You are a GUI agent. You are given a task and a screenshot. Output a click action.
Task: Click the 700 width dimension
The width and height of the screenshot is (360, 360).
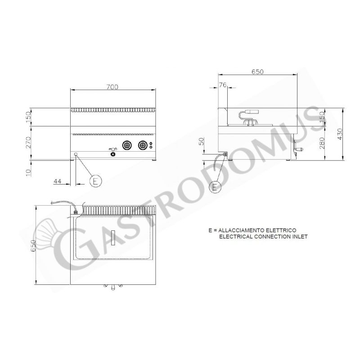(x=113, y=87)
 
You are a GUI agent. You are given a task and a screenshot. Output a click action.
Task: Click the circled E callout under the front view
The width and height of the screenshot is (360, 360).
(x=95, y=181)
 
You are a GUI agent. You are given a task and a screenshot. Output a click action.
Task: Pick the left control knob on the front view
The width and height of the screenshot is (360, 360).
(x=127, y=145)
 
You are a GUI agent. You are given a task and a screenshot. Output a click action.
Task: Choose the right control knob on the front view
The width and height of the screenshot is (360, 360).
(x=143, y=145)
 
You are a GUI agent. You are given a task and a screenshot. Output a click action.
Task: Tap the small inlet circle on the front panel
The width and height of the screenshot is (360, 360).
(x=76, y=154)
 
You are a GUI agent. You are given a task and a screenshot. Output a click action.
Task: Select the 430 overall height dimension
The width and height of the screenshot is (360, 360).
(x=340, y=134)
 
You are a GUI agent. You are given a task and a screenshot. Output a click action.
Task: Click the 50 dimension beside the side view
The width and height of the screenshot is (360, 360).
(x=202, y=143)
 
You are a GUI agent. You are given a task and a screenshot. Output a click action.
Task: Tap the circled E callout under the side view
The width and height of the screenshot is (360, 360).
(x=216, y=185)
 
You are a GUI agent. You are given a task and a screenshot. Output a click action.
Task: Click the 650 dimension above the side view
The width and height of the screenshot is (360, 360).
(x=257, y=72)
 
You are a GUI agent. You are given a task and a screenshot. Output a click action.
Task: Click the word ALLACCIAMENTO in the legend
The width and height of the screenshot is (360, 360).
(x=240, y=230)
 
